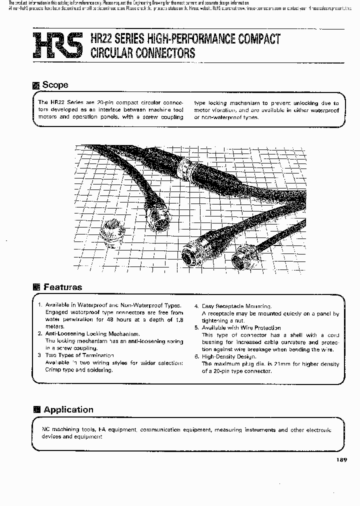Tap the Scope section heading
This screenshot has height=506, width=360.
point(55,85)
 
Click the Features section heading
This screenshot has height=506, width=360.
point(62,287)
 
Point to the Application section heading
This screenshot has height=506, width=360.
point(68,409)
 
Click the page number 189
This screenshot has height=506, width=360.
point(338,460)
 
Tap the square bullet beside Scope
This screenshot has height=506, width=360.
point(35,85)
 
